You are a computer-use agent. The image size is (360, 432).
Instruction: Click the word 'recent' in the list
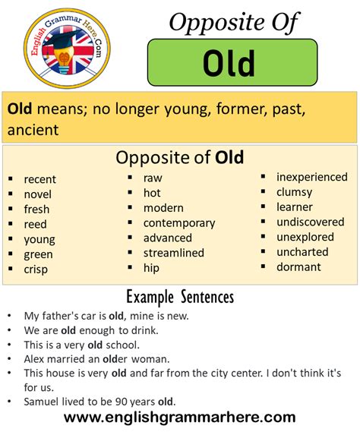(39, 179)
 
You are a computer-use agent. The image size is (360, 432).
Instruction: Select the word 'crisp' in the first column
(36, 270)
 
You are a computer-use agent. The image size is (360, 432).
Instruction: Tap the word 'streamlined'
(173, 253)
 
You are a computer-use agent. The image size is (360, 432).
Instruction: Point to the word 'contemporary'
(178, 223)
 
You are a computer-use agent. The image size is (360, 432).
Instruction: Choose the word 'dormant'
(298, 266)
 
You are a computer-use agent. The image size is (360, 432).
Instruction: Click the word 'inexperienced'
(311, 177)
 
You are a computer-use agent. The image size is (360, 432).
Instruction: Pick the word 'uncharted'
(302, 251)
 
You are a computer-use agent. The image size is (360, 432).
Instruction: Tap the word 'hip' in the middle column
(151, 267)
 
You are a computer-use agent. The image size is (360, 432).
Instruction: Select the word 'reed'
(35, 224)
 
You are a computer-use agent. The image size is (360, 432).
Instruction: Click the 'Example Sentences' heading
(180, 296)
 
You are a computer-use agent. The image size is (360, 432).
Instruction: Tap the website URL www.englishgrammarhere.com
(180, 417)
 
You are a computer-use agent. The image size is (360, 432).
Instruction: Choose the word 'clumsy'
(294, 192)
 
